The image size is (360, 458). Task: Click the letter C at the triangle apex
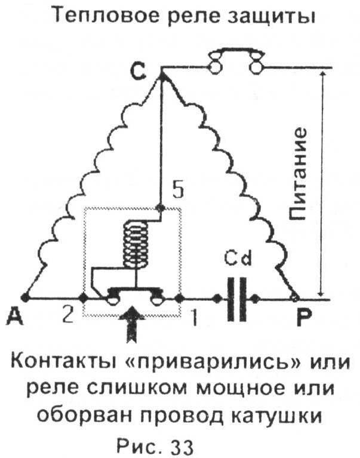[139, 73]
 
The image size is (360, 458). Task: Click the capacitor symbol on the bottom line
[238, 297]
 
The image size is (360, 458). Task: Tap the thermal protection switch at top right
[235, 62]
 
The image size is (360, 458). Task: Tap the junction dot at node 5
[159, 208]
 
